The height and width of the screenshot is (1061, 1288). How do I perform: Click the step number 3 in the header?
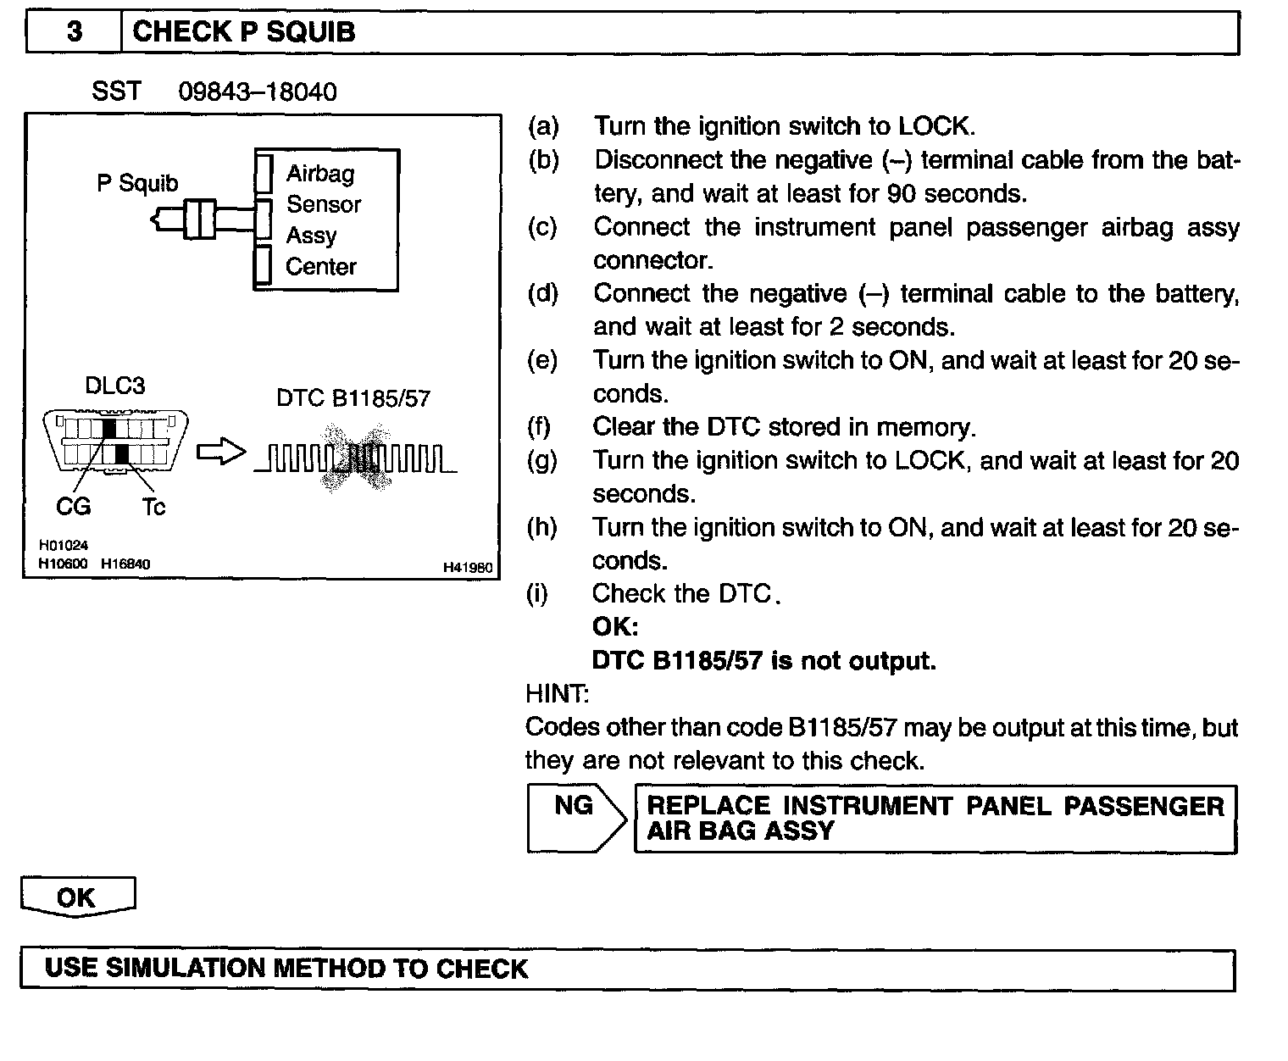[75, 32]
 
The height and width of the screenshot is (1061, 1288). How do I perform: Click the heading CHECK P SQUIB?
[244, 32]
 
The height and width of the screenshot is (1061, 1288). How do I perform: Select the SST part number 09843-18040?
[257, 92]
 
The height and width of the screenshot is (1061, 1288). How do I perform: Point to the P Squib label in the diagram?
[137, 183]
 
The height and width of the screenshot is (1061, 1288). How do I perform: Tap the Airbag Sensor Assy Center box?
[326, 220]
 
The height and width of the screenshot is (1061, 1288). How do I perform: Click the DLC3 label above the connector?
[115, 386]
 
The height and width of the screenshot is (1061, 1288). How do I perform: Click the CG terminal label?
[73, 507]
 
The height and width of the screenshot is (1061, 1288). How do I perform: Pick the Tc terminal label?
[153, 507]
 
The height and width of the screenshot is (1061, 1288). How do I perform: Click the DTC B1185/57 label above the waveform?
[353, 398]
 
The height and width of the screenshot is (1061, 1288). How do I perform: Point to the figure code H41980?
[468, 568]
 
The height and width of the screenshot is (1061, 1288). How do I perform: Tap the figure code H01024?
[64, 546]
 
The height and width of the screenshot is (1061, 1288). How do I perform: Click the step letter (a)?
[543, 126]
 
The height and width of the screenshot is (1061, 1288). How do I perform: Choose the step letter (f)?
[539, 426]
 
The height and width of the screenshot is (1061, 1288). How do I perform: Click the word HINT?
[557, 694]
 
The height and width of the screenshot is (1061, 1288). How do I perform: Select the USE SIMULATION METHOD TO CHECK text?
[286, 969]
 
